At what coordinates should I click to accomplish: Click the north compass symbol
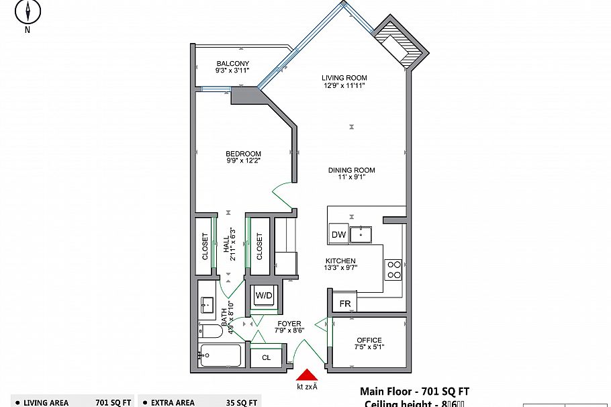[x=28, y=11]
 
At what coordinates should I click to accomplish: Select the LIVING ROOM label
[x=344, y=78]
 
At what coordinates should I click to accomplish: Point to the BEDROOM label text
[x=243, y=154]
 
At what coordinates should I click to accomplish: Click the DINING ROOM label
[x=351, y=170]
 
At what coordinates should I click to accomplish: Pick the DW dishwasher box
[x=338, y=234]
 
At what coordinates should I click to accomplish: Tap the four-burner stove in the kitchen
[x=393, y=269]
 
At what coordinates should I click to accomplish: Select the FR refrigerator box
[x=344, y=304]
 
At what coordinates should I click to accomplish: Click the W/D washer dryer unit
[x=263, y=295]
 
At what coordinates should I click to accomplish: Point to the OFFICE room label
[x=369, y=341]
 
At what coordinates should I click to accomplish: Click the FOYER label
[x=289, y=324]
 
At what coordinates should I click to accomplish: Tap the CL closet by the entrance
[x=267, y=357]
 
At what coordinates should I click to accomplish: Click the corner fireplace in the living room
[x=399, y=44]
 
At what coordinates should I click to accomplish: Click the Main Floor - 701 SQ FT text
[x=414, y=391]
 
